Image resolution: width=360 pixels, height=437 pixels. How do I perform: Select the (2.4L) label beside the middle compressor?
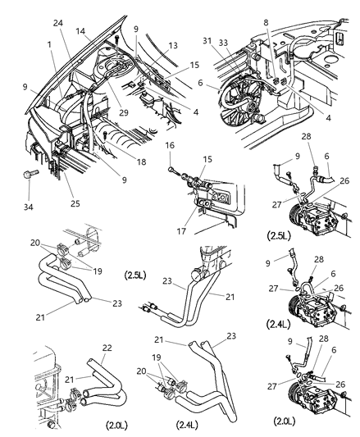277,325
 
